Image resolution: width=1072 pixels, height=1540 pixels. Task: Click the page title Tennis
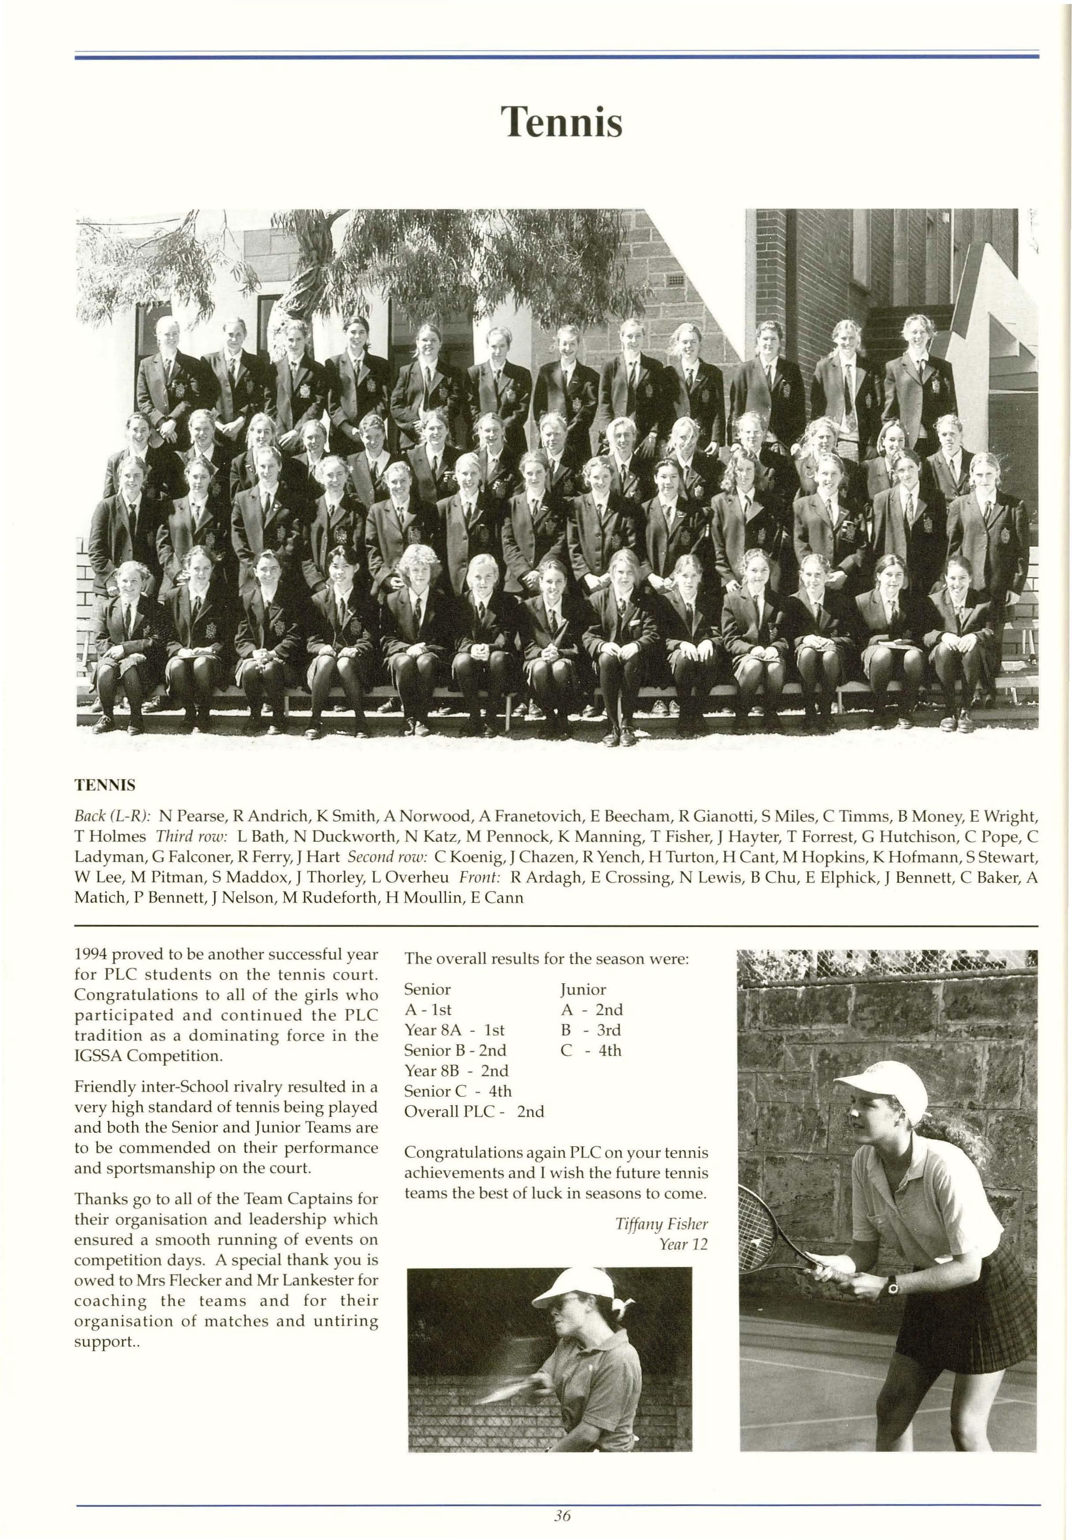click(x=562, y=122)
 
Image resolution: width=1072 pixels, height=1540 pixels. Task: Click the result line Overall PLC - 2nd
click(x=474, y=1111)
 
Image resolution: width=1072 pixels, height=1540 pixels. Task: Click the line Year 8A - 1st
click(x=454, y=1030)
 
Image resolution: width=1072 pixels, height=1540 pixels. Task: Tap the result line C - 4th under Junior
click(x=591, y=1050)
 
